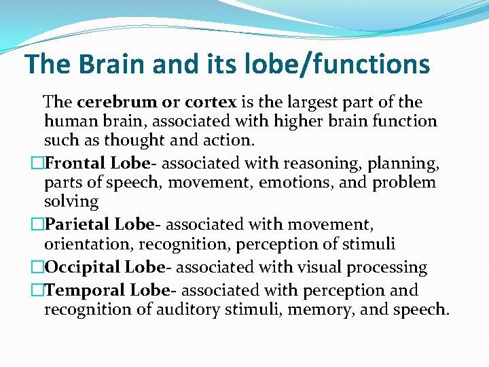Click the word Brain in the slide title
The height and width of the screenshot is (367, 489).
coord(113,64)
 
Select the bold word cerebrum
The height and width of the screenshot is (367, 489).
coord(116,103)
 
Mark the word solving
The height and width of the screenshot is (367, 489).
coord(71,202)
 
